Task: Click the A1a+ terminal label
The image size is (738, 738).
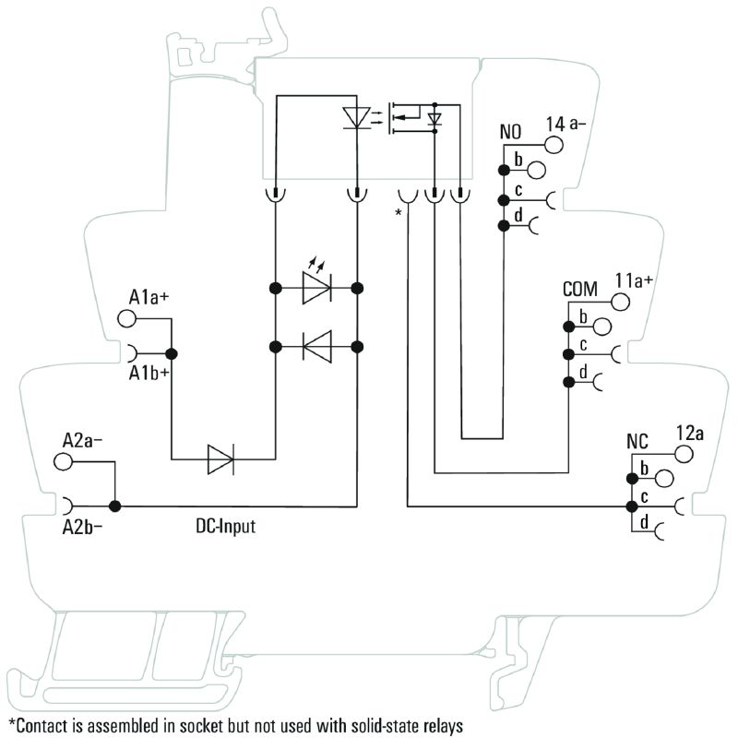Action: [149, 297]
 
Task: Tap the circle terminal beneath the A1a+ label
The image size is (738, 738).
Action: [126, 318]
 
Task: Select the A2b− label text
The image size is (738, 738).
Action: [83, 528]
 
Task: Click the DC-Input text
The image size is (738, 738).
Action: [225, 527]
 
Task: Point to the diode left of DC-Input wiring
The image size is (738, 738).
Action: [220, 458]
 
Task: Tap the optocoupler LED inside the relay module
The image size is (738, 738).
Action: [356, 117]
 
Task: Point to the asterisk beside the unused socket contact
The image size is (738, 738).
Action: [399, 214]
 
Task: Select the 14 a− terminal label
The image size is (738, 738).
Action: [566, 124]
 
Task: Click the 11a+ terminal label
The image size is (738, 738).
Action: [635, 281]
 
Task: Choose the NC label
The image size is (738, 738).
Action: [638, 441]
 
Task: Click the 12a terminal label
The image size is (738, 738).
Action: [691, 434]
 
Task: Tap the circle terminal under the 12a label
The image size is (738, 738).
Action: [684, 454]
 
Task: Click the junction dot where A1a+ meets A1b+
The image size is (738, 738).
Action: [171, 353]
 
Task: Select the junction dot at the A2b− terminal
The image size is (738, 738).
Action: [115, 506]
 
